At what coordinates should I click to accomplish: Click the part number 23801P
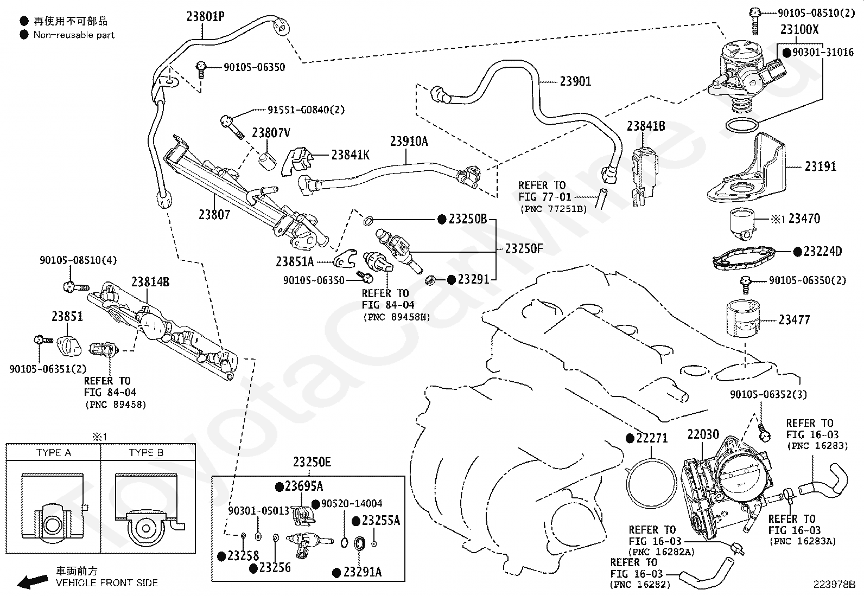point(205,17)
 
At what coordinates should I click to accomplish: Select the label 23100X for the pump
point(799,30)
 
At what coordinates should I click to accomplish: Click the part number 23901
point(575,81)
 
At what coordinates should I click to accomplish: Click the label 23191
point(821,166)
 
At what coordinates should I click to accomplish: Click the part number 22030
point(703,434)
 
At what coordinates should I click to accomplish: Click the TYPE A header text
point(54,453)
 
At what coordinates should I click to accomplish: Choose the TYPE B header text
point(146,453)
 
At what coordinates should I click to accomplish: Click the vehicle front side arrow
point(33,581)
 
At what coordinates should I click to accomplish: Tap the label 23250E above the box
point(312,462)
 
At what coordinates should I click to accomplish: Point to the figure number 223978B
point(834,585)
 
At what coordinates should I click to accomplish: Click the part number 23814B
point(150,282)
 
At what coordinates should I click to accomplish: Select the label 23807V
point(271,133)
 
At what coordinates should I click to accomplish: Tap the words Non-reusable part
point(74,35)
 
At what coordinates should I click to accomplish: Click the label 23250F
point(524,249)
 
